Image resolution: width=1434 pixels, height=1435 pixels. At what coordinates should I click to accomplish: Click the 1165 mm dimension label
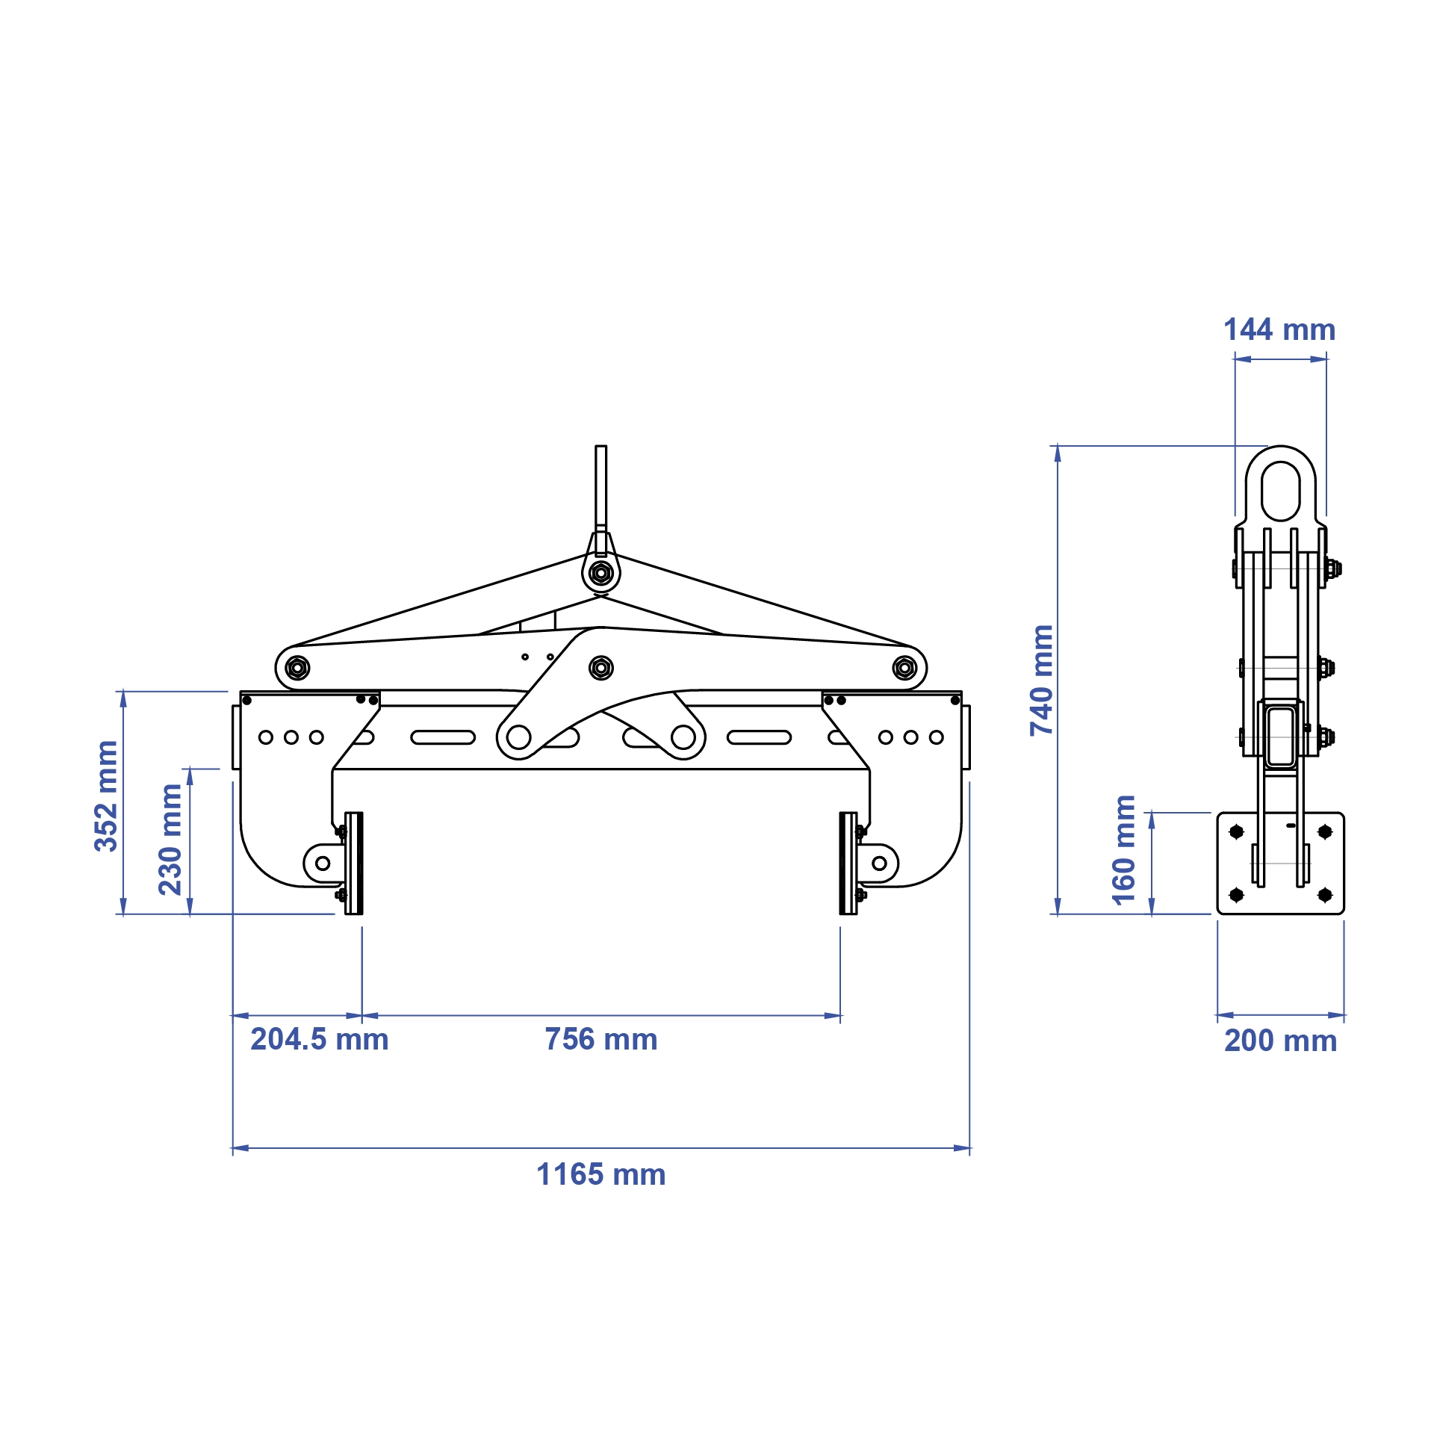pyautogui.click(x=600, y=1174)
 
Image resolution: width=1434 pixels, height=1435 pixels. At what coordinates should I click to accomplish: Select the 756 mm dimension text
pyautogui.click(x=600, y=1039)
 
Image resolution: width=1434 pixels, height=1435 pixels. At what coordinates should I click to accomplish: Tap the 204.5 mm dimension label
pyautogui.click(x=319, y=1039)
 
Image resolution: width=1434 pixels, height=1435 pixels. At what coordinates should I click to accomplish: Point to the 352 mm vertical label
pyautogui.click(x=106, y=796)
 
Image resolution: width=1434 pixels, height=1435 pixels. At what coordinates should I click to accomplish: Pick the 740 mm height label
pyautogui.click(x=1041, y=680)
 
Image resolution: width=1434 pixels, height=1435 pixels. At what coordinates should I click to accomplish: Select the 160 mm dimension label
pyautogui.click(x=1123, y=850)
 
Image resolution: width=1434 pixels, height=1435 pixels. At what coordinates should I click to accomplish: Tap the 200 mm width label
pyautogui.click(x=1280, y=1041)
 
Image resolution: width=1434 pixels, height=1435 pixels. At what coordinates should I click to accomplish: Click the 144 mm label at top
pyautogui.click(x=1279, y=329)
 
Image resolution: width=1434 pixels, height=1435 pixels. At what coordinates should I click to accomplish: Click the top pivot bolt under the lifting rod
pyautogui.click(x=600, y=574)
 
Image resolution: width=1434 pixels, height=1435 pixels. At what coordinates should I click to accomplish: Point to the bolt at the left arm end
pyautogui.click(x=297, y=667)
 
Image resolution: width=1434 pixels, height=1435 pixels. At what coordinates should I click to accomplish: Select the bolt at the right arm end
pyautogui.click(x=904, y=667)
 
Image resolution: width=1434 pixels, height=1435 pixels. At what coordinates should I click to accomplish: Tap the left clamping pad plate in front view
pyautogui.click(x=354, y=863)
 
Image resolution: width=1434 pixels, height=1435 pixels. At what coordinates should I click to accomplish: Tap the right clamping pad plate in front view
pyautogui.click(x=848, y=863)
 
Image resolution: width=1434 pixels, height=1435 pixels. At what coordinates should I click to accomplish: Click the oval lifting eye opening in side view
pyautogui.click(x=1280, y=491)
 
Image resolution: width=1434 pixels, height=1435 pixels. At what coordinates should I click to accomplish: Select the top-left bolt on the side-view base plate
pyautogui.click(x=1236, y=831)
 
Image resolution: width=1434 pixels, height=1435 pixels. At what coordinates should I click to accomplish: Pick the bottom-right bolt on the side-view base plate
pyautogui.click(x=1325, y=894)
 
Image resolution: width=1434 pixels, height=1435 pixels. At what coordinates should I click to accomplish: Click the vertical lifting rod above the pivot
pyautogui.click(x=600, y=486)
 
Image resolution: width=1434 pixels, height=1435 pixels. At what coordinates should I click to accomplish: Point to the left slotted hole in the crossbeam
pyautogui.click(x=443, y=737)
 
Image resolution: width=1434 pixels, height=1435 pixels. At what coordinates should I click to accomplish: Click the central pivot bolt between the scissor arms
pyautogui.click(x=600, y=667)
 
